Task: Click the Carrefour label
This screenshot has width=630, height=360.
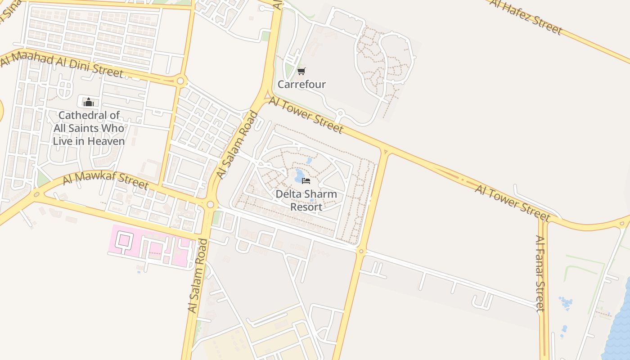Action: pyautogui.click(x=301, y=84)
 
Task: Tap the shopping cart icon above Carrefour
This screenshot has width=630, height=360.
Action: pyautogui.click(x=301, y=71)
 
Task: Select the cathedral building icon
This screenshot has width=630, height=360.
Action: pyautogui.click(x=89, y=102)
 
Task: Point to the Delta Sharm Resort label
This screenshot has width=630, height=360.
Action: pyautogui.click(x=306, y=200)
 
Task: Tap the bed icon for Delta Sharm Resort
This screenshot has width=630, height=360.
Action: pyautogui.click(x=306, y=181)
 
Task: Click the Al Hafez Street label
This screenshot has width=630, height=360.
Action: pyautogui.click(x=526, y=17)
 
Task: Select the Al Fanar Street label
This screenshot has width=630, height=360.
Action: pyautogui.click(x=540, y=273)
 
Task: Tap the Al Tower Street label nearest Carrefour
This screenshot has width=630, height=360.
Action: pyautogui.click(x=306, y=115)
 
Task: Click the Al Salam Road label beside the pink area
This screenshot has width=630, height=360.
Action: pyautogui.click(x=204, y=276)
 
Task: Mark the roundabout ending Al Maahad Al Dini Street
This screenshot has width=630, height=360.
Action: pyautogui.click(x=181, y=81)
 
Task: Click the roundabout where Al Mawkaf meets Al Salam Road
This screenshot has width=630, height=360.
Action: pyautogui.click(x=210, y=205)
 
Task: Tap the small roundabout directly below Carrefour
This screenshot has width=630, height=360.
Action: pyautogui.click(x=341, y=113)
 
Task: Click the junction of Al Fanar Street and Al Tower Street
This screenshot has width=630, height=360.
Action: pyautogui.click(x=544, y=220)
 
